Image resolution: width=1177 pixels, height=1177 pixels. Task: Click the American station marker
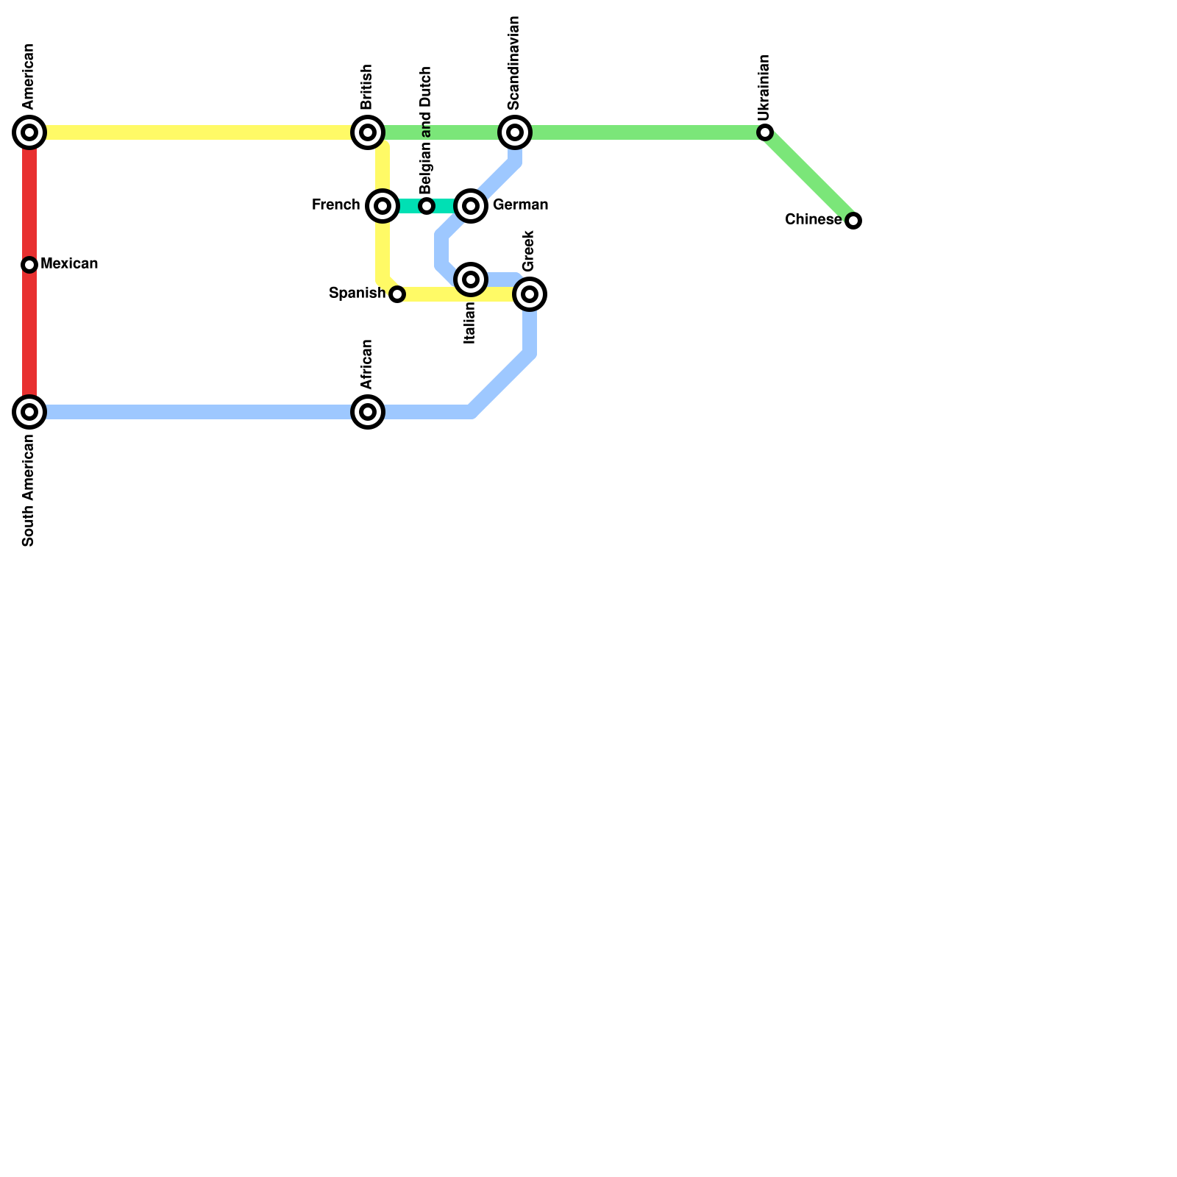(29, 132)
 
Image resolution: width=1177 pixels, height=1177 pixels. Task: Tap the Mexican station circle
(29, 265)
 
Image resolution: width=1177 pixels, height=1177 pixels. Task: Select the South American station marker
(29, 412)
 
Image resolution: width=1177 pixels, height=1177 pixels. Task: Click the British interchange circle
(368, 132)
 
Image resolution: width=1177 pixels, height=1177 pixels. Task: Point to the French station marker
(383, 206)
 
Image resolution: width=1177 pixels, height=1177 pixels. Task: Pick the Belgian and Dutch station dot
(427, 206)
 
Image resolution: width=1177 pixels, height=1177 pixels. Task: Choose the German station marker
(471, 206)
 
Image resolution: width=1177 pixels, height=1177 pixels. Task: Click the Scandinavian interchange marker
(515, 132)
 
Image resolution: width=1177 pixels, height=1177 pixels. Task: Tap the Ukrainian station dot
(765, 132)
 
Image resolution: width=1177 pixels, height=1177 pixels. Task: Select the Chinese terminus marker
(853, 221)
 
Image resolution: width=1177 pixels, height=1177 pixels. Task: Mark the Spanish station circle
(397, 294)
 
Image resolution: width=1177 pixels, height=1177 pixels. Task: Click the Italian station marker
(471, 280)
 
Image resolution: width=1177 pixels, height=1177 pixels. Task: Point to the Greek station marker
(530, 294)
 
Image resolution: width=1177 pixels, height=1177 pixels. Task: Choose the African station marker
(368, 412)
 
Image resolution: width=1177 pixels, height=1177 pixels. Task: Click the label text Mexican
(69, 264)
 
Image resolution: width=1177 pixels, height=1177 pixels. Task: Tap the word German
(520, 205)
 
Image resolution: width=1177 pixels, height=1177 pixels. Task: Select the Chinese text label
(813, 220)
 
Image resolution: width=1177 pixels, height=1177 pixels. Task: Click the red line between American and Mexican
(29, 199)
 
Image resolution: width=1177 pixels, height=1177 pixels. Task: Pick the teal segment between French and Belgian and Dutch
(408, 206)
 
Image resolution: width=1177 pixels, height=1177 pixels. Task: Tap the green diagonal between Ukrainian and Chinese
(809, 177)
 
